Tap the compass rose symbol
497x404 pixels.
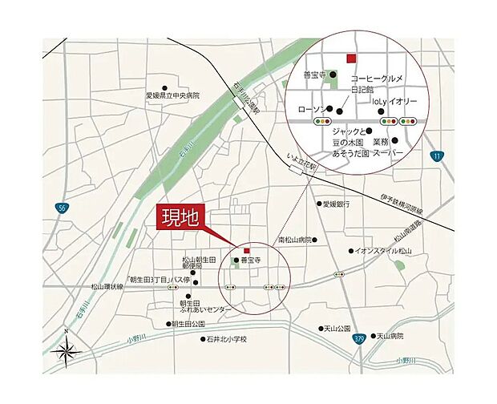tap(66, 349)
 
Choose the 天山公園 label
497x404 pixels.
tap(337, 329)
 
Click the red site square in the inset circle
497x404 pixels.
tap(349, 58)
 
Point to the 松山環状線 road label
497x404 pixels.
tap(107, 285)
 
